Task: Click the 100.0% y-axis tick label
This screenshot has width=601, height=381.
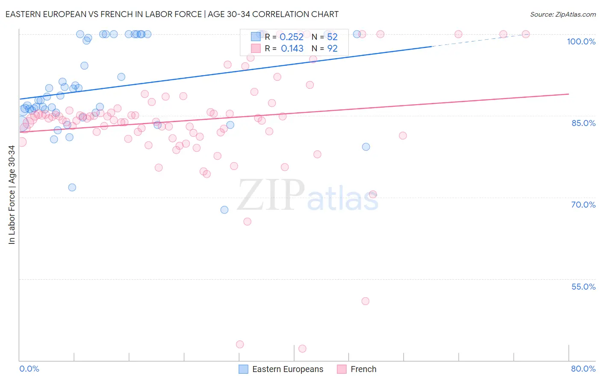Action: coord(581,41)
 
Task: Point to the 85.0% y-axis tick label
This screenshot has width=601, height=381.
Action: coord(583,123)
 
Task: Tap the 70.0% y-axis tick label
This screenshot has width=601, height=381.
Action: coord(583,205)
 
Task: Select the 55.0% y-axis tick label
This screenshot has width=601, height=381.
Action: coord(583,287)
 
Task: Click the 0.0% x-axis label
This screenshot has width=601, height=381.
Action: coord(29,369)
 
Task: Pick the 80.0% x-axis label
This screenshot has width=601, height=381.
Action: coord(583,369)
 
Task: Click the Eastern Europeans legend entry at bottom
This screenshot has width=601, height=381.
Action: coord(281,369)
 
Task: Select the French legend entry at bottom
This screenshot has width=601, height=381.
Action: coord(357,369)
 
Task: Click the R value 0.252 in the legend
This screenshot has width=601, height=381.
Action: coord(292,37)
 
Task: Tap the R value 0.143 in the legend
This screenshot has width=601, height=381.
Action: coord(292,49)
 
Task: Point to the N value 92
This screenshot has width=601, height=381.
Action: coord(332,49)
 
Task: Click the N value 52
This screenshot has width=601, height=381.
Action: coord(332,37)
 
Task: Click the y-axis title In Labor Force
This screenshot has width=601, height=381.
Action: coord(12,195)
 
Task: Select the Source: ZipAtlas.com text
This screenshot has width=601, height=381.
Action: coord(563,15)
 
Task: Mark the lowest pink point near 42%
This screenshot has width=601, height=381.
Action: coord(302,349)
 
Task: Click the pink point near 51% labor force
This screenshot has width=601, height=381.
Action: coord(365,301)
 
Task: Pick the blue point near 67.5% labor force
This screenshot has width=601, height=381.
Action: coord(224,210)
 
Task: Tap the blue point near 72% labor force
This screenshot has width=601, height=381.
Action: coord(72,188)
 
